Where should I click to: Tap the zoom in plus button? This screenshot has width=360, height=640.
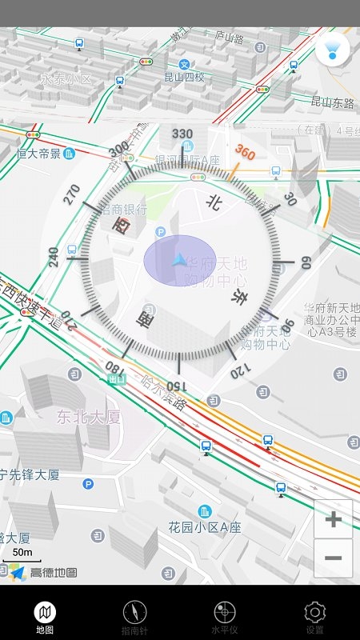tap(334, 519)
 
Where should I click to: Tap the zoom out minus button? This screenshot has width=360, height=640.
tap(334, 558)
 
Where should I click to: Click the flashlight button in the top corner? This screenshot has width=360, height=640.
tap(332, 49)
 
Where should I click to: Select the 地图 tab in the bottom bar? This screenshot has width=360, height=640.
tap(45, 617)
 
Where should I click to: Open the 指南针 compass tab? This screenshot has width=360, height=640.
tap(134, 617)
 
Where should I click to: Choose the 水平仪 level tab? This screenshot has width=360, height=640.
tap(225, 617)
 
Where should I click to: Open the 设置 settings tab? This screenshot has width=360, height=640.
tap(314, 617)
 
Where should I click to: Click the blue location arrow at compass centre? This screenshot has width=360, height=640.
tap(179, 260)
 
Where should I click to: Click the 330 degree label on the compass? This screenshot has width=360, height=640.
tap(182, 134)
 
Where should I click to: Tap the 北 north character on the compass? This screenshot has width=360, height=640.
tap(213, 202)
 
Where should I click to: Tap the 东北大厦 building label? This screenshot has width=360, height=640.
tap(88, 416)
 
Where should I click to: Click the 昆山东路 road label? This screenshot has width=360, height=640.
tap(332, 102)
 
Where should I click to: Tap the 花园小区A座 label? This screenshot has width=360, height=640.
tap(204, 527)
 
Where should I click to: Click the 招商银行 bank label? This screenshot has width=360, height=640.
tap(124, 210)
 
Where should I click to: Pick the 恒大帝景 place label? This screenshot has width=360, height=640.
tap(38, 154)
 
